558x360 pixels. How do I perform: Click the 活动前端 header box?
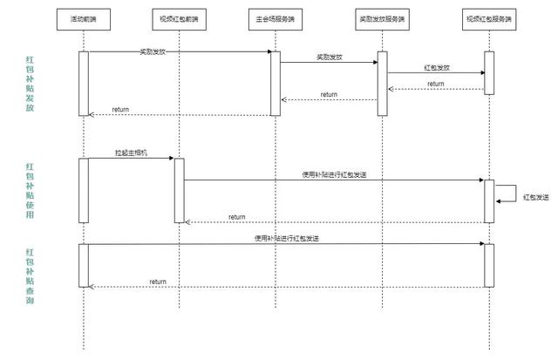(84, 19)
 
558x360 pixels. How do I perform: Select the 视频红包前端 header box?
(179, 19)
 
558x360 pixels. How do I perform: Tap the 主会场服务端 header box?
(276, 19)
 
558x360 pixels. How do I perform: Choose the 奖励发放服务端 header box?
(382, 19)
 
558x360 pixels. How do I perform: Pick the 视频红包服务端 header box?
(489, 19)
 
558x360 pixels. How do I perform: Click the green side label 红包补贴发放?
(30, 84)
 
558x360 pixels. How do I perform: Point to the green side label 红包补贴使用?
(30, 191)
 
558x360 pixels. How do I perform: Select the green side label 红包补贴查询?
(30, 276)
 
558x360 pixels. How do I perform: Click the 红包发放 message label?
(437, 68)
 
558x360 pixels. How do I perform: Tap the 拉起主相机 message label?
(131, 153)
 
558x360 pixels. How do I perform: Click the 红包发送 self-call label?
(536, 197)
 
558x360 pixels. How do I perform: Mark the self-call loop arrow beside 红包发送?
(516, 194)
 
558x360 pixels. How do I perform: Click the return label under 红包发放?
(436, 84)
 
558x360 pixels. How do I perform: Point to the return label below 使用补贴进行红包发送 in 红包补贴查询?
(158, 282)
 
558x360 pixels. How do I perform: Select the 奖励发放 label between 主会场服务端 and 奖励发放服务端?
(330, 57)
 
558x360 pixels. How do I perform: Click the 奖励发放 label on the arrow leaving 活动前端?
(153, 51)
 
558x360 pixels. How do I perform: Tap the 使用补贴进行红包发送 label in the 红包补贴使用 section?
(334, 174)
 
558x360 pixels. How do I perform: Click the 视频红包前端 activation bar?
(180, 191)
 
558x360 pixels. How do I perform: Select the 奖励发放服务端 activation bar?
(383, 84)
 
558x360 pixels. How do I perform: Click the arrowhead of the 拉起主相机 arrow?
(172, 159)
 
